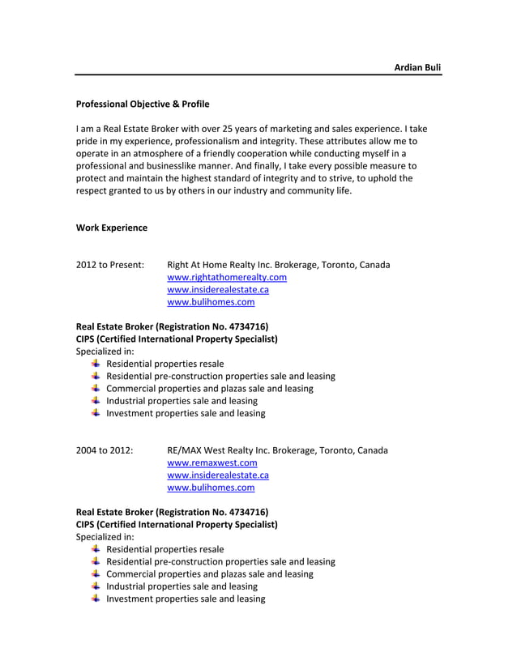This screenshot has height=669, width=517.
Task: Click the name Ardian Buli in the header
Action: pos(417,67)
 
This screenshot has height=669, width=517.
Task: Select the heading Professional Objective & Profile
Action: pos(143,104)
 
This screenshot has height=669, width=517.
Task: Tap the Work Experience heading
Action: pos(112,228)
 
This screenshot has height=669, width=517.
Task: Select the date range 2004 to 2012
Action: pos(105,450)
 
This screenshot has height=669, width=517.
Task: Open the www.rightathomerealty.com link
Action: pos(226,277)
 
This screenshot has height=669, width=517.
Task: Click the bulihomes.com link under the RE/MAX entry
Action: pos(211,488)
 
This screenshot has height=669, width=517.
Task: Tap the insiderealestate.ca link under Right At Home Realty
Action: pos(217,290)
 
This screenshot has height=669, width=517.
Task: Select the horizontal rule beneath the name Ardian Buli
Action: pos(258,75)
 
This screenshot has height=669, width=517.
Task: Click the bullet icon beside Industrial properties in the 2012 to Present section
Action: pos(96,400)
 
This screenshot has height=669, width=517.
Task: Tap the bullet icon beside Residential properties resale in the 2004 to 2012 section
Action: pos(96,549)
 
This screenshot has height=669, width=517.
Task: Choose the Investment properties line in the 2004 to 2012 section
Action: pos(186,599)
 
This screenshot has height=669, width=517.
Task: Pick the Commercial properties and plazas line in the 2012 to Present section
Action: pos(209,389)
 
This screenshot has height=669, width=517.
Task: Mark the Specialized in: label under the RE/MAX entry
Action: pos(105,537)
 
